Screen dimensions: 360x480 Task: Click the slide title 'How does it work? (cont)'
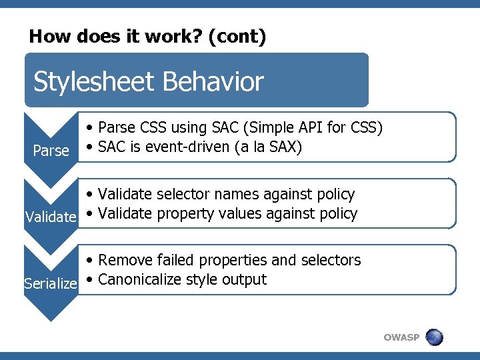click(147, 36)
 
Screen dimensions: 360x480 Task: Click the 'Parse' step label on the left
click(51, 151)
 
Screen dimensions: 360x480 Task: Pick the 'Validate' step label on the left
click(51, 217)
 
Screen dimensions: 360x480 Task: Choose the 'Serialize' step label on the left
click(51, 283)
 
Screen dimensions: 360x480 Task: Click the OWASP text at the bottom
click(401, 337)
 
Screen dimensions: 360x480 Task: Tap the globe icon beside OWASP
click(434, 337)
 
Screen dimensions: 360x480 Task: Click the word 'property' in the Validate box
click(188, 213)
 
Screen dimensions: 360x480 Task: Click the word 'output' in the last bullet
click(245, 279)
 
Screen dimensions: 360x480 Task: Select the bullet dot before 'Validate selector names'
click(90, 195)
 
